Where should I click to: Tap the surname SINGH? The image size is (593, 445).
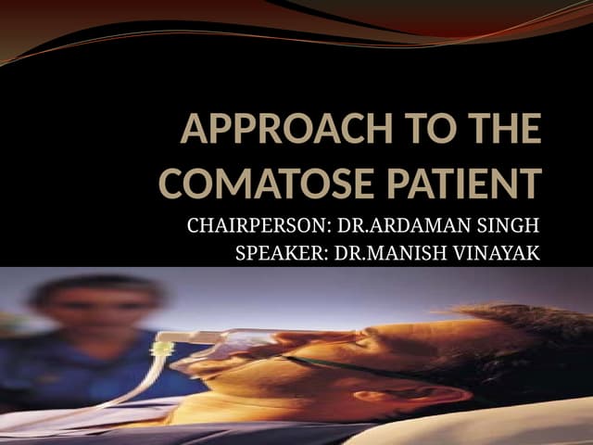[508, 226]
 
